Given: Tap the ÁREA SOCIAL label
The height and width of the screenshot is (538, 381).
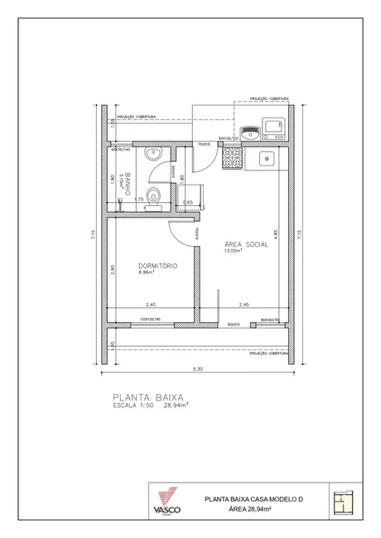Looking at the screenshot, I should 246,246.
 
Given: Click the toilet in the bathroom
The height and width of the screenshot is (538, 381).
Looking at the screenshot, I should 152,208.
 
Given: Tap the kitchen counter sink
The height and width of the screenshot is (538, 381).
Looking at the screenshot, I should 268,157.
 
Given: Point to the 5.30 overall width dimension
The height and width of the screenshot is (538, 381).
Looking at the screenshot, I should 198,368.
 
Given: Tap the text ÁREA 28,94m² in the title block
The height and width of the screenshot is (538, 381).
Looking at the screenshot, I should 254,509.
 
